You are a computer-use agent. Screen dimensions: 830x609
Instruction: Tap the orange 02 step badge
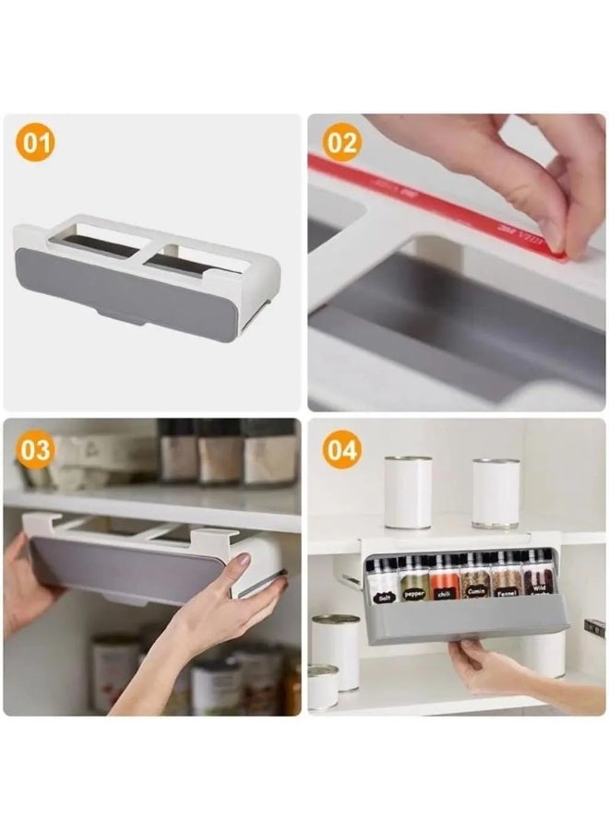click(x=342, y=143)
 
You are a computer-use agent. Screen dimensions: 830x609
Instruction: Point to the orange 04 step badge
click(x=342, y=450)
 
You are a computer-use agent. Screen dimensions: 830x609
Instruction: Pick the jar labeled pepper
click(x=414, y=581)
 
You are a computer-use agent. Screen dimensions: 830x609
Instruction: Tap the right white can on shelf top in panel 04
click(x=496, y=493)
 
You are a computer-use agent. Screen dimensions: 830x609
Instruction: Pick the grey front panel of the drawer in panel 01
click(x=120, y=286)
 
